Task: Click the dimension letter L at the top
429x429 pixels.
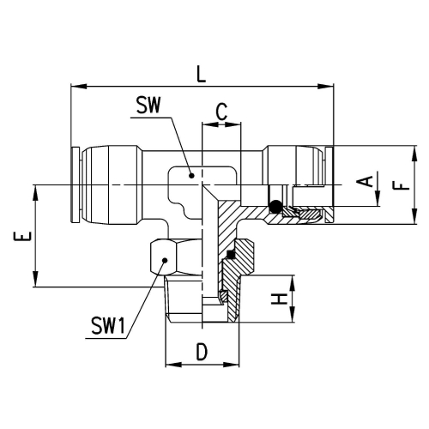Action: point(202,74)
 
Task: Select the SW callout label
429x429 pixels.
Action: point(148,105)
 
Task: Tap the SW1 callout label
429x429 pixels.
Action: point(108,326)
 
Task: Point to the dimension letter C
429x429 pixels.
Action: point(221,112)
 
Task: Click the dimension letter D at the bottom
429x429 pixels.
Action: point(202,352)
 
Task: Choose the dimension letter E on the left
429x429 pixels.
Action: point(22,236)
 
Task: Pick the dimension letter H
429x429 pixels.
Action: point(279,299)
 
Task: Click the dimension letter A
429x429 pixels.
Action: point(365,181)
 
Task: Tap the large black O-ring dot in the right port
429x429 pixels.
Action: point(275,206)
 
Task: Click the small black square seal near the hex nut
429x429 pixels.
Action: point(231,254)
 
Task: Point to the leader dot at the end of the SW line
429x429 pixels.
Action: point(192,175)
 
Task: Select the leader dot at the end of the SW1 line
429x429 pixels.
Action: point(165,260)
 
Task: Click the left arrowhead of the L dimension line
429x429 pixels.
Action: point(78,86)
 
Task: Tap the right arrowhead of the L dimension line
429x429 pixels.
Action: point(326,86)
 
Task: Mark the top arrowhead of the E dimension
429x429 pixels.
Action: point(35,193)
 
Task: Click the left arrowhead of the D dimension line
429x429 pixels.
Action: point(173,365)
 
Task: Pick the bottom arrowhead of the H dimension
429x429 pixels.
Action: point(293,314)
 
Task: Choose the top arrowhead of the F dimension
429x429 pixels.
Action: point(414,154)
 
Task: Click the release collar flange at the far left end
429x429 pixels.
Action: point(75,184)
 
